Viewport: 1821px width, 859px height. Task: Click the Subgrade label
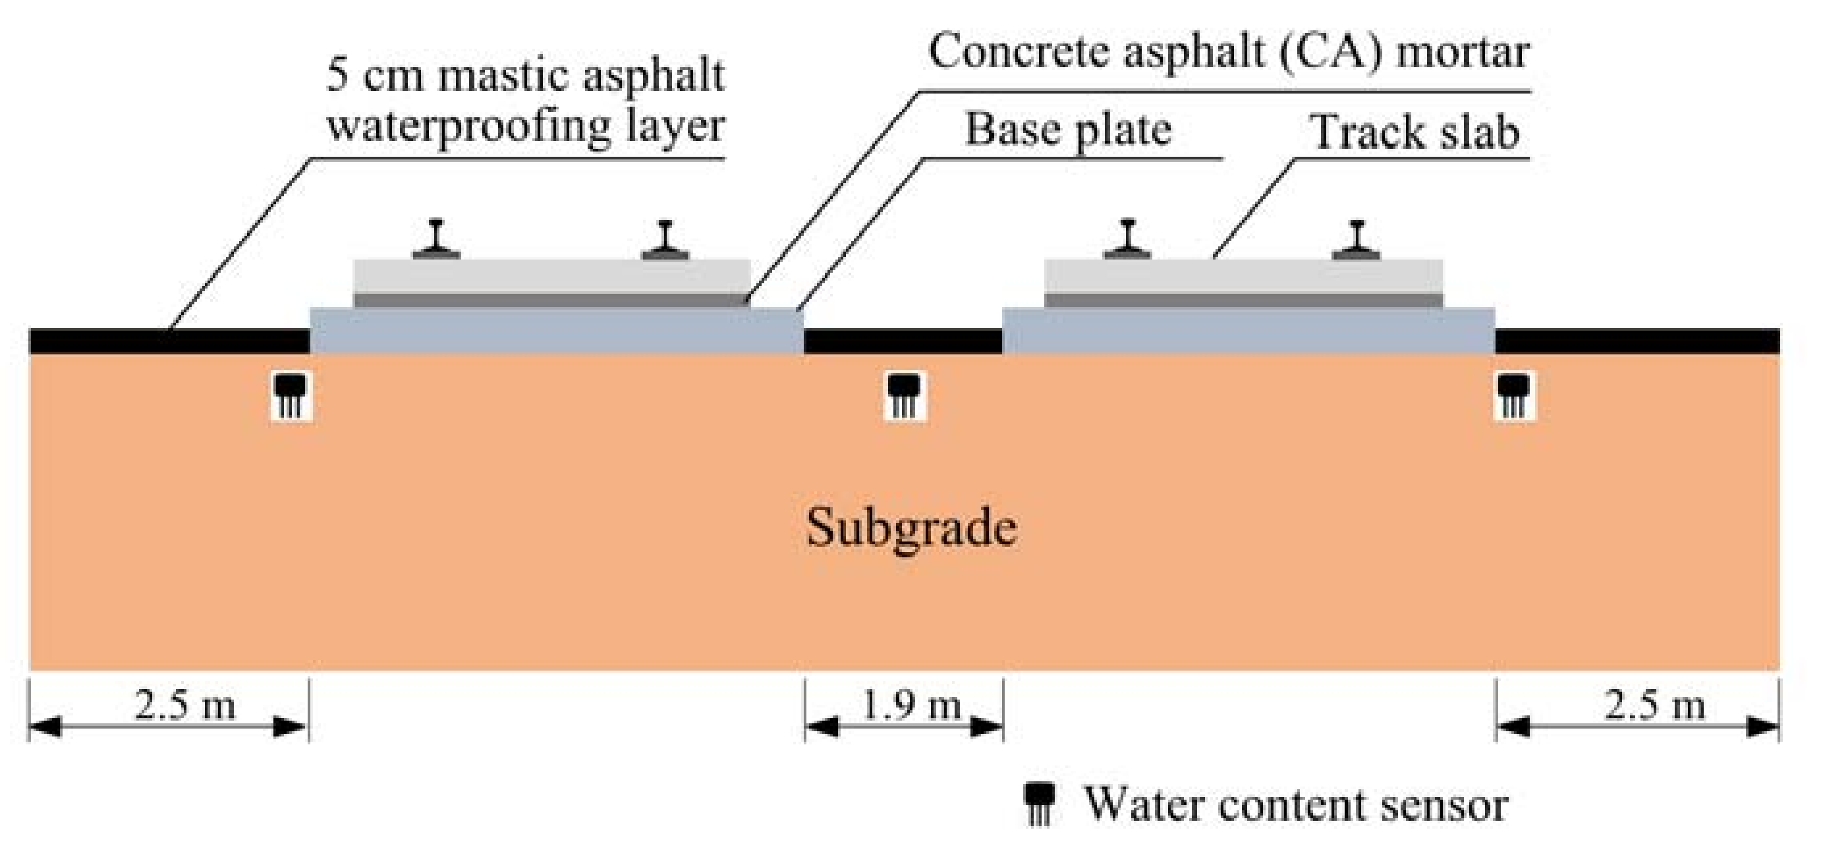[x=911, y=528]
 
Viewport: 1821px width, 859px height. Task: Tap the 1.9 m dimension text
[x=911, y=706]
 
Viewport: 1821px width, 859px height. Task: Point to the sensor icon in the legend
[x=1040, y=804]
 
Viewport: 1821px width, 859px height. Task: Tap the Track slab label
[x=1415, y=132]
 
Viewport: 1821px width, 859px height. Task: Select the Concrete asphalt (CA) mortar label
[x=1229, y=52]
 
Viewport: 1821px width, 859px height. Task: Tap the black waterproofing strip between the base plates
[x=903, y=341]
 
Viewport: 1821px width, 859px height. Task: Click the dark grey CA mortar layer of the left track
[x=551, y=300]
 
